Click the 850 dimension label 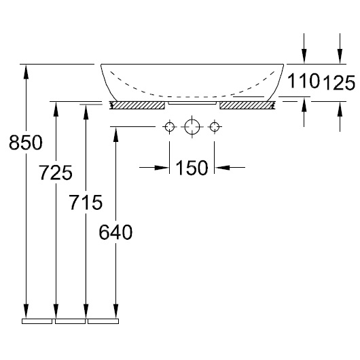(26, 143)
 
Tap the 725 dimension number (56, 173)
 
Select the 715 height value (86, 202)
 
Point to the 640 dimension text (115, 232)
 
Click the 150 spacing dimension (192, 168)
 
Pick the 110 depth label (304, 81)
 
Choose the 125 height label (340, 83)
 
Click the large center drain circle (192, 127)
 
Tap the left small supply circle (169, 127)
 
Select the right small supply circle (215, 127)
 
